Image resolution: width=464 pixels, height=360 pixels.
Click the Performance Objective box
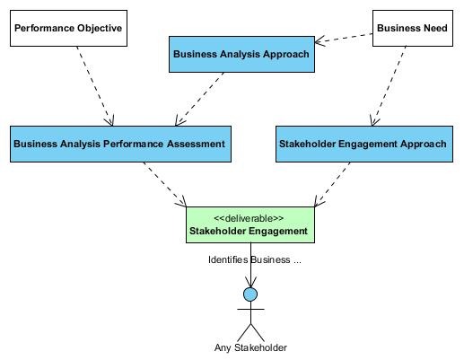click(x=68, y=28)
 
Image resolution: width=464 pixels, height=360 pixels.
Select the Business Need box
click(x=413, y=28)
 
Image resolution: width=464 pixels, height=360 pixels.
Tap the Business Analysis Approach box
click(x=241, y=54)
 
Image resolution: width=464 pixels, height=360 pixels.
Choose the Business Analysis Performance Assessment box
click(x=120, y=144)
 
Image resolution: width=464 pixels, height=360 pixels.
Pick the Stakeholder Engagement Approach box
click(x=364, y=144)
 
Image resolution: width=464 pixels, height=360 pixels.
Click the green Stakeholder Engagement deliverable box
click(x=250, y=224)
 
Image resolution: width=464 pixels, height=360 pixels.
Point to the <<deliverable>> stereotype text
click(x=249, y=218)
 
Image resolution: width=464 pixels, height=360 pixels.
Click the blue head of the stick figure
click(x=250, y=294)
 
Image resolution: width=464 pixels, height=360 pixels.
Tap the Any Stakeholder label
click(x=250, y=347)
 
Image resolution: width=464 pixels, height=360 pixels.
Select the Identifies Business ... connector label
click(x=255, y=259)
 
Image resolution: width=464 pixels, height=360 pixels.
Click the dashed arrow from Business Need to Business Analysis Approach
click(x=344, y=38)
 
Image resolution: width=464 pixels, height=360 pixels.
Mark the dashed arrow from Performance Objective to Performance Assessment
click(x=95, y=86)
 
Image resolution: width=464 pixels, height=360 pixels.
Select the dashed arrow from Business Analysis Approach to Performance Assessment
click(x=199, y=99)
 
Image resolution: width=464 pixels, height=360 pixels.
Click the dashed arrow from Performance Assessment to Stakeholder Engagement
click(x=165, y=185)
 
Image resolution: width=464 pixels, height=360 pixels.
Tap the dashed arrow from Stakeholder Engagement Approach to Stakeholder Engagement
click(x=332, y=185)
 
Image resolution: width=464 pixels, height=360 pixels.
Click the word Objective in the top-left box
click(x=100, y=29)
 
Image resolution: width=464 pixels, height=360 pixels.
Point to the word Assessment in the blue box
click(x=196, y=144)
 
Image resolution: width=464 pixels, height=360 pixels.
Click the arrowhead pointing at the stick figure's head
click(x=250, y=282)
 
